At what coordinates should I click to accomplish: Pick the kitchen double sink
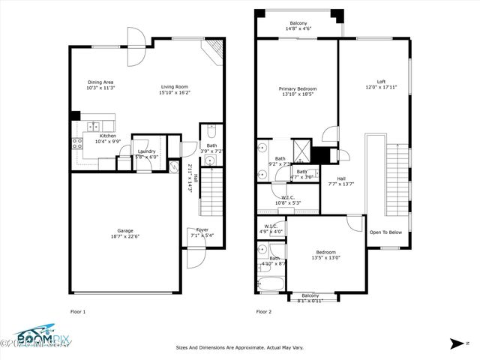94,127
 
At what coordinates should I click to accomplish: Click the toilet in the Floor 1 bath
211,128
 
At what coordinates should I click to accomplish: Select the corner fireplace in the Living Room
213,52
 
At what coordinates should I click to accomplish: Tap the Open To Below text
385,232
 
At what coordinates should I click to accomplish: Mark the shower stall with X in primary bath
301,148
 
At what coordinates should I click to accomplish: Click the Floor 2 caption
264,311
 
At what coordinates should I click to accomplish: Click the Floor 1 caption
78,311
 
